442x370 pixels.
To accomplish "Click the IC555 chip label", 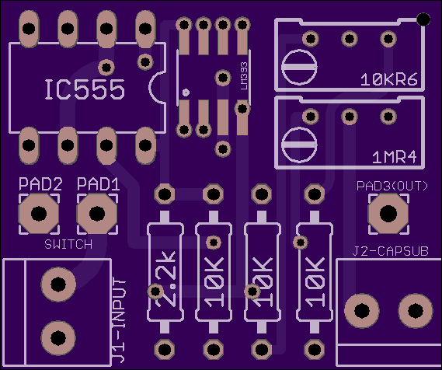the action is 85,89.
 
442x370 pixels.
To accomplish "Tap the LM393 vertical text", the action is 244,76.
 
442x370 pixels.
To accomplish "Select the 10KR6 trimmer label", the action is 389,80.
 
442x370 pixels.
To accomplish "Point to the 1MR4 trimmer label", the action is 395,157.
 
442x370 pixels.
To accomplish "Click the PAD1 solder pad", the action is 97,214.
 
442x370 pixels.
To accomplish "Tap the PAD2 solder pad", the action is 39,214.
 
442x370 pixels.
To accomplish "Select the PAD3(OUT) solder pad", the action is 388,214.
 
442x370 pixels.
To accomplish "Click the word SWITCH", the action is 68,244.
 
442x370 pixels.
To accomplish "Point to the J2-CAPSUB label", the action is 391,251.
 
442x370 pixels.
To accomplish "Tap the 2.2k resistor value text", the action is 165,279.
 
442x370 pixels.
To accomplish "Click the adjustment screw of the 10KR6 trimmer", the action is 299,67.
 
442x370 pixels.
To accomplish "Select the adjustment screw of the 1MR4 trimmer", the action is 299,145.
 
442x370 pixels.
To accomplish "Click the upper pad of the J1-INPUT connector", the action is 58,284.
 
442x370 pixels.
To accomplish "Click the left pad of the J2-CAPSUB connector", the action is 362,311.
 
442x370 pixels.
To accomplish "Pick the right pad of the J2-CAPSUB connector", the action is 416,311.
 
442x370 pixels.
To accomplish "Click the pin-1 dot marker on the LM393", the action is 186,92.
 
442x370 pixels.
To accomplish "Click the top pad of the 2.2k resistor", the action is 165,194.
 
